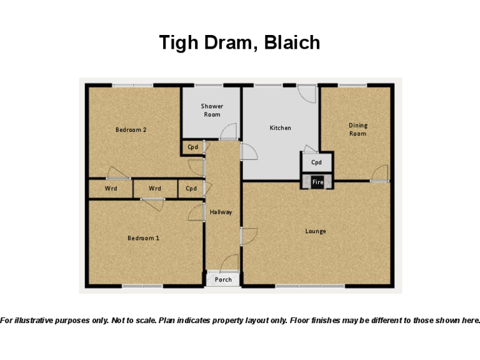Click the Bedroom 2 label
point(131,130)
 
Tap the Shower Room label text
point(212,110)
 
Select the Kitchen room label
point(280,128)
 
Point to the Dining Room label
point(357,129)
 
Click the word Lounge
point(316,231)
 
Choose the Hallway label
point(221,212)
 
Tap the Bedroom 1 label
point(143,238)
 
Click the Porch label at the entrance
point(223,279)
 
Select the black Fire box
point(317,182)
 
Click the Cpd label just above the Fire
point(316,162)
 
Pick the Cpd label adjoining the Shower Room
point(192,147)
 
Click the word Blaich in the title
point(292,42)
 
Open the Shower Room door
point(229,131)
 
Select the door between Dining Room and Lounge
point(380,173)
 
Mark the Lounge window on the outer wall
point(310,286)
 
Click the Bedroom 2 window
point(132,85)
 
